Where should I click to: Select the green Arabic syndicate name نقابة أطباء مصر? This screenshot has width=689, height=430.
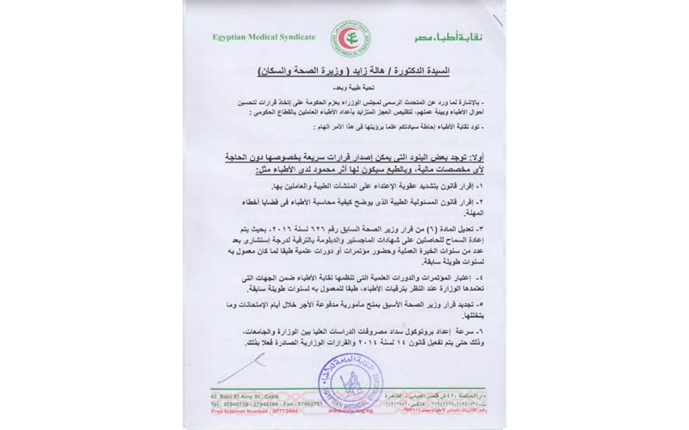coord(434,40)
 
